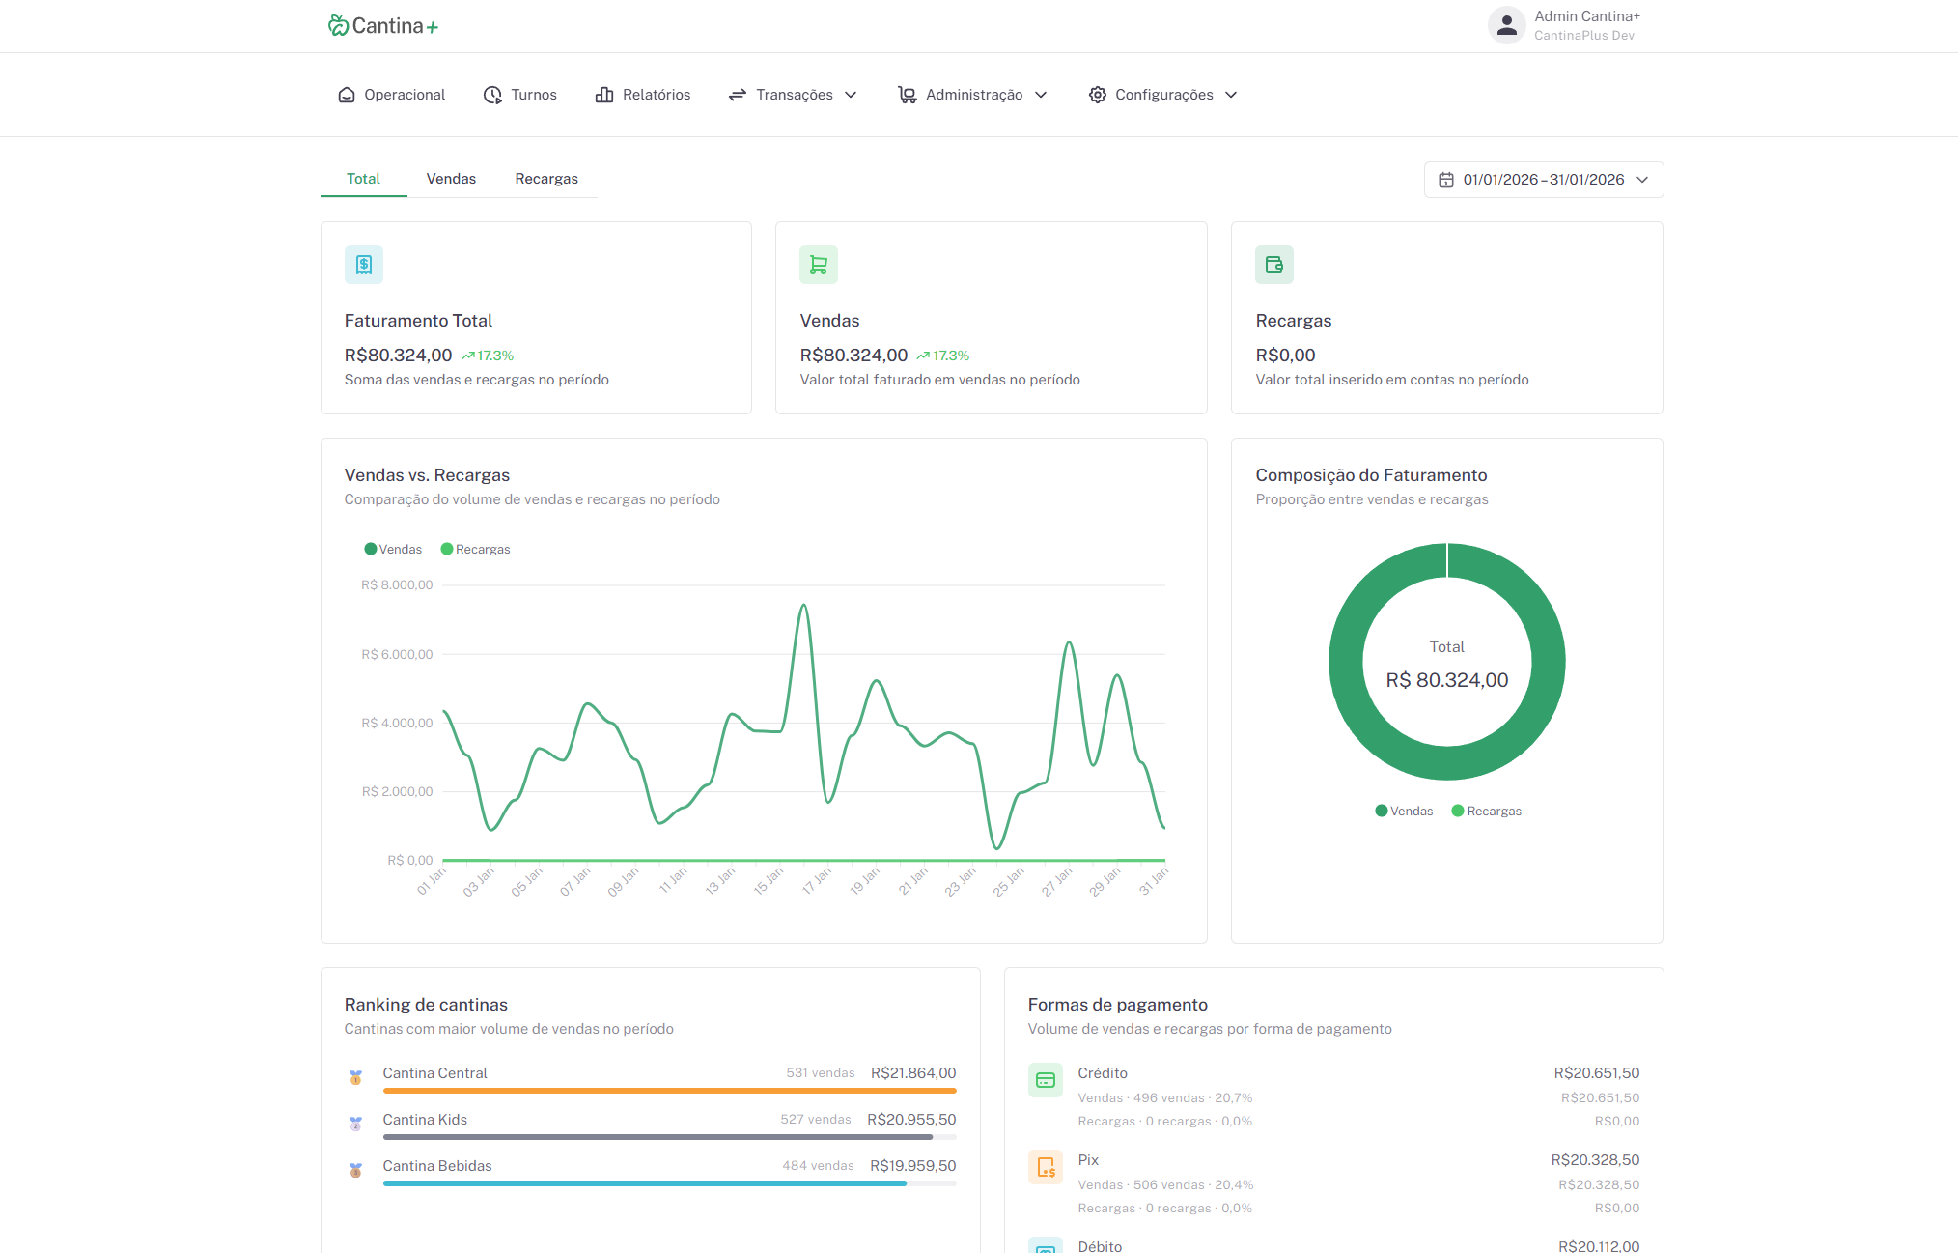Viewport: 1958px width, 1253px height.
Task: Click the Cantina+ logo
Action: (383, 26)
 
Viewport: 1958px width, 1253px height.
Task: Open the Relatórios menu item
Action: (643, 95)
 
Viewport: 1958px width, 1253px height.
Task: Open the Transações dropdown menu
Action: (793, 95)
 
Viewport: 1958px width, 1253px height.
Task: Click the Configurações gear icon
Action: (1098, 95)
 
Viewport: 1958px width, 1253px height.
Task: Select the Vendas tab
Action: (451, 179)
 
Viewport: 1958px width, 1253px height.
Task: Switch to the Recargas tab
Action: (546, 179)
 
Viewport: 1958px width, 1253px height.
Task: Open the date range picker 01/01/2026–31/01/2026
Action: (1544, 180)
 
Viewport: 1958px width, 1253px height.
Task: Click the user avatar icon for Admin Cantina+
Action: (1506, 25)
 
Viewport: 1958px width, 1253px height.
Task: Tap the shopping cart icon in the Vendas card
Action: (819, 265)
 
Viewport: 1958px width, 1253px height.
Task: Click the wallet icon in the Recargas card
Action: (1274, 265)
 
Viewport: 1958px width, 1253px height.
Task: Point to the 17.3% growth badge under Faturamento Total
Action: (488, 356)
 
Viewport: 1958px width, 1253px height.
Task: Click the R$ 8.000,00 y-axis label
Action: (397, 585)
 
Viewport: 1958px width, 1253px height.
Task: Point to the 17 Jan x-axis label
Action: (817, 880)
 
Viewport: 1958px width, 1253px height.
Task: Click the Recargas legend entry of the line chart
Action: (475, 549)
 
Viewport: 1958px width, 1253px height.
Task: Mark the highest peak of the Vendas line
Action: (803, 606)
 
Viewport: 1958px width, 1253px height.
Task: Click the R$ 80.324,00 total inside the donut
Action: (1447, 680)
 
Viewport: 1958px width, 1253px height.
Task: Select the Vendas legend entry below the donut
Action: (1404, 811)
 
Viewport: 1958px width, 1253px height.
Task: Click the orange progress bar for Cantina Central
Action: (669, 1091)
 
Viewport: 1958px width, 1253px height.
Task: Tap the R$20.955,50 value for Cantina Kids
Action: (911, 1120)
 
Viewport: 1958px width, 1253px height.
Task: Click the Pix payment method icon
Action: (1046, 1167)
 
